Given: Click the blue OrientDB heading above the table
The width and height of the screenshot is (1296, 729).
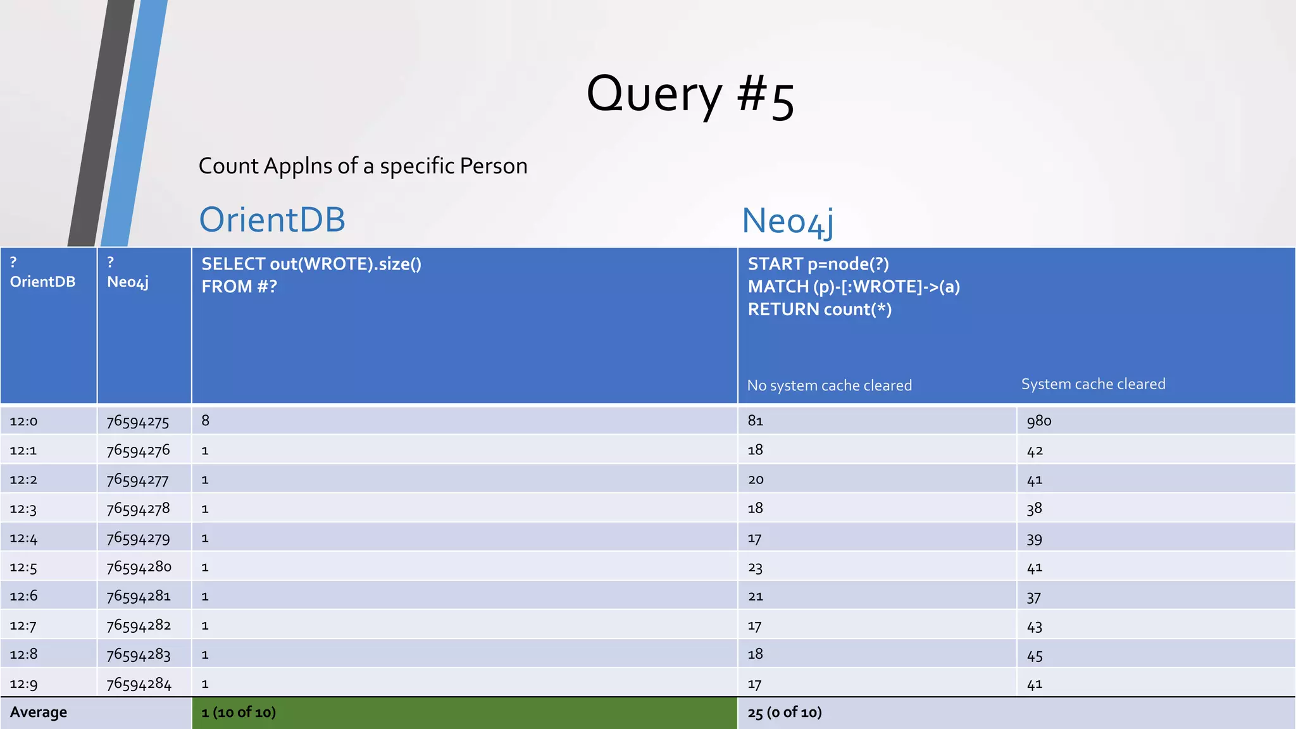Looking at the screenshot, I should click(272, 220).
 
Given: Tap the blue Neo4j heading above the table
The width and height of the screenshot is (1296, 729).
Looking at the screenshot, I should click(787, 221).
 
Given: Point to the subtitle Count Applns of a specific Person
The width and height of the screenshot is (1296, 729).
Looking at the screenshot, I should click(363, 166).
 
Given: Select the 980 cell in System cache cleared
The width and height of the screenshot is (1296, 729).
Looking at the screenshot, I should click(1039, 421).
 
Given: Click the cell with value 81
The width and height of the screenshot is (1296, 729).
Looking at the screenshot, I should click(756, 421).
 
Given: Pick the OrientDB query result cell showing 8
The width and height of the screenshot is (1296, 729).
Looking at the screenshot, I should click(206, 421).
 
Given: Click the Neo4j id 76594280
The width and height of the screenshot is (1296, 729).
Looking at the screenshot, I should click(139, 567).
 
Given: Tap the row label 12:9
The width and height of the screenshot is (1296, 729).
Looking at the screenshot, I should click(23, 684).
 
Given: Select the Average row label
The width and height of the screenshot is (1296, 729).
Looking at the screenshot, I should click(39, 713).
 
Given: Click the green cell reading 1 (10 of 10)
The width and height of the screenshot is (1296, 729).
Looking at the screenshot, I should click(239, 713).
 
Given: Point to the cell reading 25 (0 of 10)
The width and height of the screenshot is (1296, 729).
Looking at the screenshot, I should click(785, 713).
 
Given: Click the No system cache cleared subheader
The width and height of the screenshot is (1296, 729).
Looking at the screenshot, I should click(830, 385).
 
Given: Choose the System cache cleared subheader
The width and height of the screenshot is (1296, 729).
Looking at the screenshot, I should click(1093, 384).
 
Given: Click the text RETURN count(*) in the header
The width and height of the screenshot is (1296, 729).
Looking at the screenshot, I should click(819, 309).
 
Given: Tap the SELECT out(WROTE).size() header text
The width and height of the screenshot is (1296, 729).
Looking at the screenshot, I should click(311, 264).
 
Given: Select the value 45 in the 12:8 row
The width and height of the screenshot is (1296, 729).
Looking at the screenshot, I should click(1035, 655).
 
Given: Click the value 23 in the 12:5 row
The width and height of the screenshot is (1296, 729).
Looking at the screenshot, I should click(756, 568).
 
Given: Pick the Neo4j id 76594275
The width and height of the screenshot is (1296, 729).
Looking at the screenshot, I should click(138, 421).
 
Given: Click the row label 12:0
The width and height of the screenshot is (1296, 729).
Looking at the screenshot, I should click(23, 421).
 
